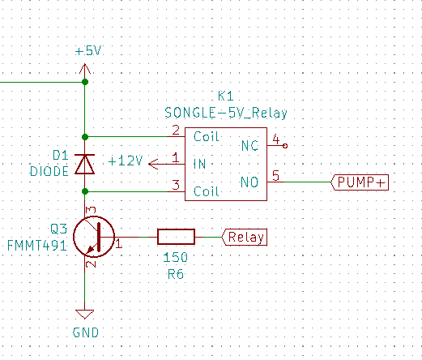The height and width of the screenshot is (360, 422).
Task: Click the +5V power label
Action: click(x=88, y=51)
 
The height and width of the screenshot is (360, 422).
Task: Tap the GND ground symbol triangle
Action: click(x=85, y=314)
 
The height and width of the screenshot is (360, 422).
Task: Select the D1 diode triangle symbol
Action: click(x=85, y=164)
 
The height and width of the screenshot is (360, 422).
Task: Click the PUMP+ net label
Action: click(x=360, y=182)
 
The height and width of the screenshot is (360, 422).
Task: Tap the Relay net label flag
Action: click(x=245, y=237)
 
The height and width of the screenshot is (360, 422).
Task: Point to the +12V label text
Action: click(x=126, y=161)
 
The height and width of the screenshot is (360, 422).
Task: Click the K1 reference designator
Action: click(x=225, y=96)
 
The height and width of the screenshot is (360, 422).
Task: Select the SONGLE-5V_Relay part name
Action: click(x=226, y=113)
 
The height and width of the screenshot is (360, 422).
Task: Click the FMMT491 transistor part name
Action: click(x=36, y=246)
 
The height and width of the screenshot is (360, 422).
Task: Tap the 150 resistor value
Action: click(x=176, y=257)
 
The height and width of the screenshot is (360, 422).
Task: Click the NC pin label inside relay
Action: click(x=249, y=146)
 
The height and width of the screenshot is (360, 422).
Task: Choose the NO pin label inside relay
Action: click(x=249, y=182)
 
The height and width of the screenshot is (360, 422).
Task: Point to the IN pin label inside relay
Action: click(x=199, y=164)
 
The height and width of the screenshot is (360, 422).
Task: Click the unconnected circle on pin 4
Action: click(x=285, y=146)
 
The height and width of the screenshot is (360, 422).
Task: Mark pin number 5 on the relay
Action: click(x=275, y=176)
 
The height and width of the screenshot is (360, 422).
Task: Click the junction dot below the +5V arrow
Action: click(x=85, y=82)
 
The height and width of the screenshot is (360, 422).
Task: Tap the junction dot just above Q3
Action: click(x=85, y=191)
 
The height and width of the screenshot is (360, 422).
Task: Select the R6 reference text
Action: click(x=176, y=274)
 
